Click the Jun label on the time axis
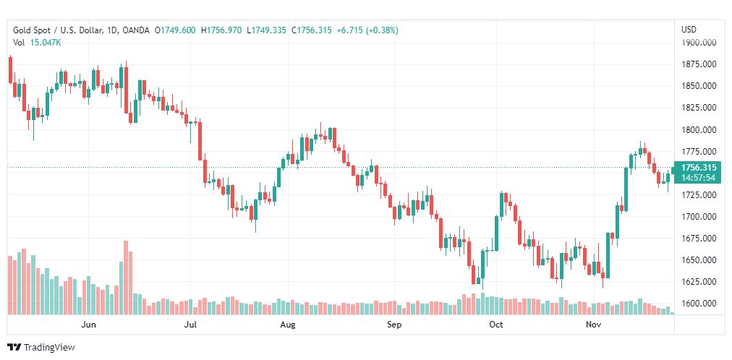(88, 325)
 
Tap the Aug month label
(288, 325)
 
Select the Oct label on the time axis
(496, 325)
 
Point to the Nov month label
(594, 325)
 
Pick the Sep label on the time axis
(393, 325)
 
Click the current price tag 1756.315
(698, 167)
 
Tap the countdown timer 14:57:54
(698, 177)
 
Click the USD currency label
(689, 30)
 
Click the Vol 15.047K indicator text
(37, 43)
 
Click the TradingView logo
(41, 348)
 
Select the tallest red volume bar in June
(126, 278)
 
